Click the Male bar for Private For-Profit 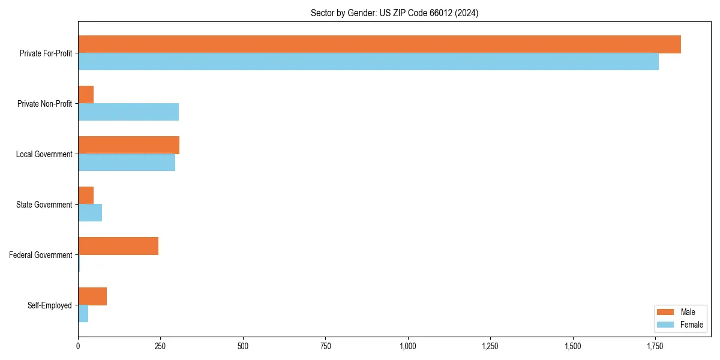(379, 44)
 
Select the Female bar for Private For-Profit (368, 62)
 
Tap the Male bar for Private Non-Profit (86, 95)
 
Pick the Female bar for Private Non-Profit (128, 112)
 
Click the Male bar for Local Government (128, 145)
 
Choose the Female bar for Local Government (127, 163)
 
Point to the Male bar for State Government (86, 196)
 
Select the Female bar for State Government (90, 213)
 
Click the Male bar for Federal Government (118, 246)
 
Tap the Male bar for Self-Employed (92, 296)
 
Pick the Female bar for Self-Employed (83, 314)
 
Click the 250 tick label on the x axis (160, 346)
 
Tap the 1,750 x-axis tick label (655, 346)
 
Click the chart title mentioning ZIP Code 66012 (394, 13)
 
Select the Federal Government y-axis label (41, 255)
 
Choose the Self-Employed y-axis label (50, 305)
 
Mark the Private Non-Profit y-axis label (44, 104)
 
